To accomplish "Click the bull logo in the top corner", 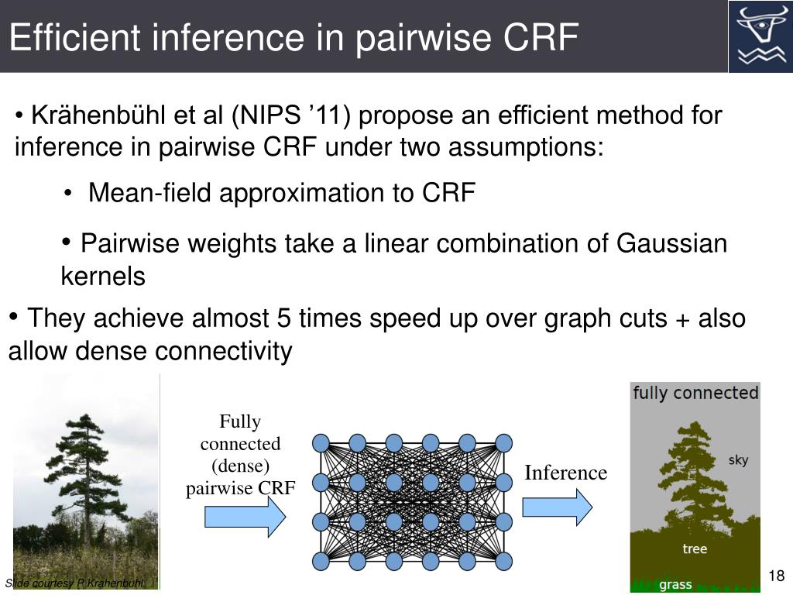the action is click(x=760, y=36).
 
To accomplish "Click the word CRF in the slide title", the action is click(x=540, y=37).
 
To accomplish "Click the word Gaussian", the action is click(x=671, y=244).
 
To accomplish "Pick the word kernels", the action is click(x=103, y=277).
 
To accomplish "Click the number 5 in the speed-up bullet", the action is click(x=283, y=318).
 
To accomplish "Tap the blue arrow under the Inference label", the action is click(x=558, y=507).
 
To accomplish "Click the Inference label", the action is click(x=565, y=473).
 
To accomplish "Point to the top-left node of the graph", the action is click(x=321, y=442).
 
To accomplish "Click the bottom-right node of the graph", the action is click(x=504, y=561).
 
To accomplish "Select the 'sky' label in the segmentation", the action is click(x=738, y=460).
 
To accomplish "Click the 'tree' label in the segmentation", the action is click(x=695, y=549).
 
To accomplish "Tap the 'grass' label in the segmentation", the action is click(x=675, y=584).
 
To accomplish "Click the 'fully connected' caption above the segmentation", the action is click(x=695, y=393).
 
